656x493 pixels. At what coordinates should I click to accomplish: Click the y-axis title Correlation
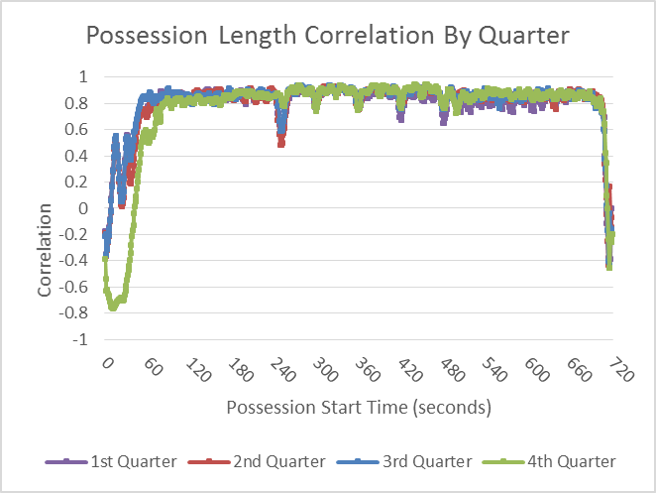[45, 250]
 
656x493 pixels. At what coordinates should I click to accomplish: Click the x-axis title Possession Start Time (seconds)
[358, 408]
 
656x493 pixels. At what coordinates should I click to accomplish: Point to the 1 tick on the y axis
[83, 77]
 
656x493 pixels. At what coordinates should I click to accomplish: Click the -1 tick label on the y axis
[79, 339]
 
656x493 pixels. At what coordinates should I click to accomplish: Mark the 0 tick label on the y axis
[83, 208]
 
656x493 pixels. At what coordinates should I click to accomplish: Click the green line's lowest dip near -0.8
[113, 307]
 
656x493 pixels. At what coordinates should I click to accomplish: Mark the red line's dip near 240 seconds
[281, 142]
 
